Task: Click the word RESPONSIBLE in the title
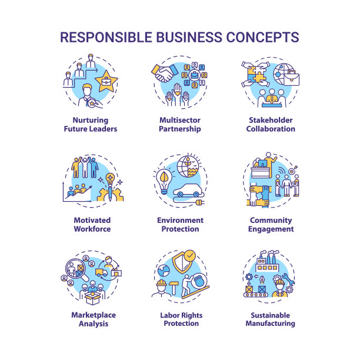109,37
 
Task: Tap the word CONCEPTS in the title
261,37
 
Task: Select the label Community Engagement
271,225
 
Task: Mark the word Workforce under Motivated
92,229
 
